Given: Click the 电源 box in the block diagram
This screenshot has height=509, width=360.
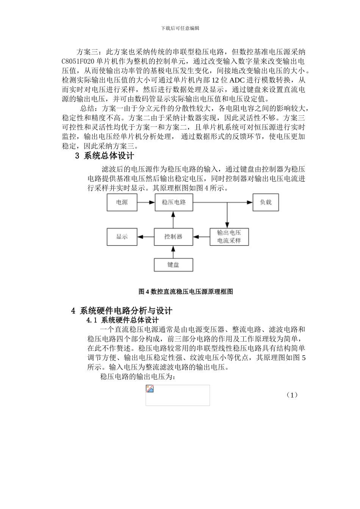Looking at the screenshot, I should [x=122, y=202].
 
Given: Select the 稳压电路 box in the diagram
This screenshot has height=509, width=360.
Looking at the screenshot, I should [x=174, y=202].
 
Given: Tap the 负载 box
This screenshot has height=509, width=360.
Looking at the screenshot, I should [x=266, y=202].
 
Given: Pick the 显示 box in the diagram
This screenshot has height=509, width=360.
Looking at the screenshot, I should [x=122, y=237].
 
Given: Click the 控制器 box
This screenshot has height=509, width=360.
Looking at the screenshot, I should [x=174, y=237].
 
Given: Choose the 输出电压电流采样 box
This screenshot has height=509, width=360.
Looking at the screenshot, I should [x=229, y=237].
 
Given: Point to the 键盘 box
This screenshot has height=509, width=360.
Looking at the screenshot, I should [x=173, y=265].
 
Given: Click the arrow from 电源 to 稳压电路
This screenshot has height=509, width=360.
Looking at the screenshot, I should [x=146, y=202].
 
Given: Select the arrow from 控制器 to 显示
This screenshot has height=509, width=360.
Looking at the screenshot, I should [x=146, y=237].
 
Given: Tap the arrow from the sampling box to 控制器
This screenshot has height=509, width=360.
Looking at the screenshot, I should [x=202, y=237].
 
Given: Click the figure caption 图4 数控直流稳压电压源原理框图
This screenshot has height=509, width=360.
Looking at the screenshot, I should [x=186, y=292].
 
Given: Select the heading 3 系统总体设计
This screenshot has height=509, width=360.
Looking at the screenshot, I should [x=105, y=155].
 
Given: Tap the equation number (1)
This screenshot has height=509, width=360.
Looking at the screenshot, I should [x=292, y=395].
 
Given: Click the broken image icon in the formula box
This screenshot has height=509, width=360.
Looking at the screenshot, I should [x=150, y=389].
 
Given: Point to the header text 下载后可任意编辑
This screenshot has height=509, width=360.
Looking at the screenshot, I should [x=180, y=28].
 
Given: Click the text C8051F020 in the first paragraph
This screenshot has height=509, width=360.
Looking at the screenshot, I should [x=78, y=61].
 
